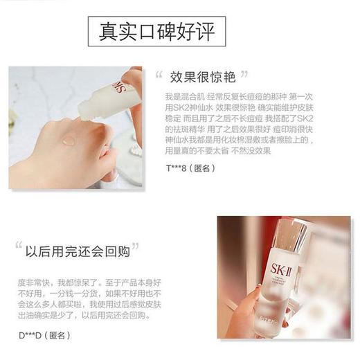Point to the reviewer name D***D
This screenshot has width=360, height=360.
pos(29,335)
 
